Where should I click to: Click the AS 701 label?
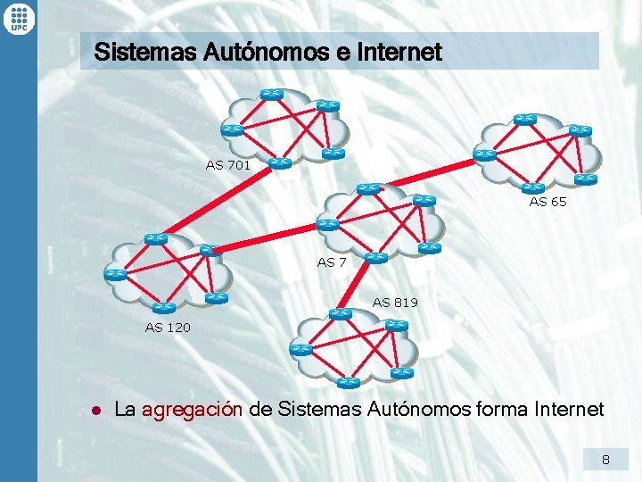[x=227, y=165]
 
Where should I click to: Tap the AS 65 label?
[x=547, y=202]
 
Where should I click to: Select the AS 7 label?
[x=332, y=262]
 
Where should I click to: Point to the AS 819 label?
[x=395, y=303]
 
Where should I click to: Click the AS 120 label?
[x=168, y=328]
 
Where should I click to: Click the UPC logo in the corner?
[x=18, y=18]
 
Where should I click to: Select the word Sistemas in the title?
[x=133, y=52]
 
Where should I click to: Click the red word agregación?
[x=192, y=410]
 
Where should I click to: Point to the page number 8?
[x=605, y=461]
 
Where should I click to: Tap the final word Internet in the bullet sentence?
[x=569, y=410]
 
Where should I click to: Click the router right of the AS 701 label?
[x=280, y=163]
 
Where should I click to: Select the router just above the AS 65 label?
[x=534, y=187]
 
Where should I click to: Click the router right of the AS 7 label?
[x=375, y=257]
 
